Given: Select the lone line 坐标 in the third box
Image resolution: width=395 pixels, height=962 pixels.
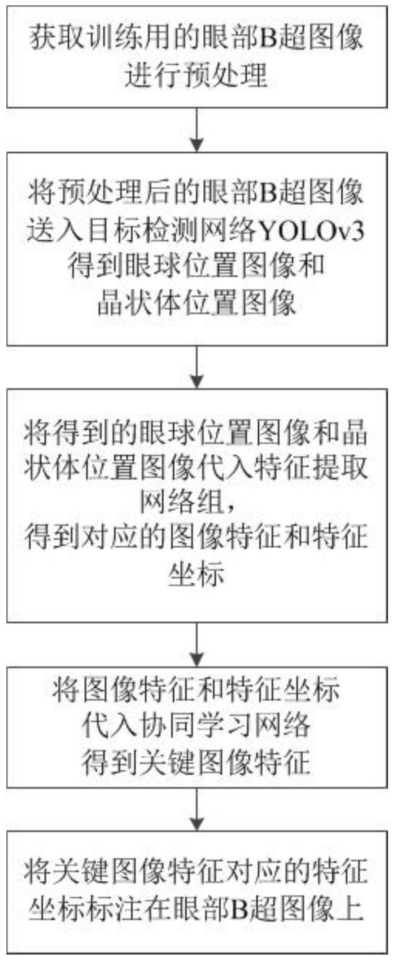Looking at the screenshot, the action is pyautogui.click(x=197, y=575).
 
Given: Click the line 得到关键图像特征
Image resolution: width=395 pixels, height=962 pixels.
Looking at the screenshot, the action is pyautogui.click(x=197, y=762).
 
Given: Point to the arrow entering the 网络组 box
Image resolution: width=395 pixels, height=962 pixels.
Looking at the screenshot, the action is pyautogui.click(x=197, y=367).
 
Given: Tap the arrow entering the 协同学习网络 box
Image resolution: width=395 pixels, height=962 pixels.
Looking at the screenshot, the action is pyautogui.click(x=197, y=645).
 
